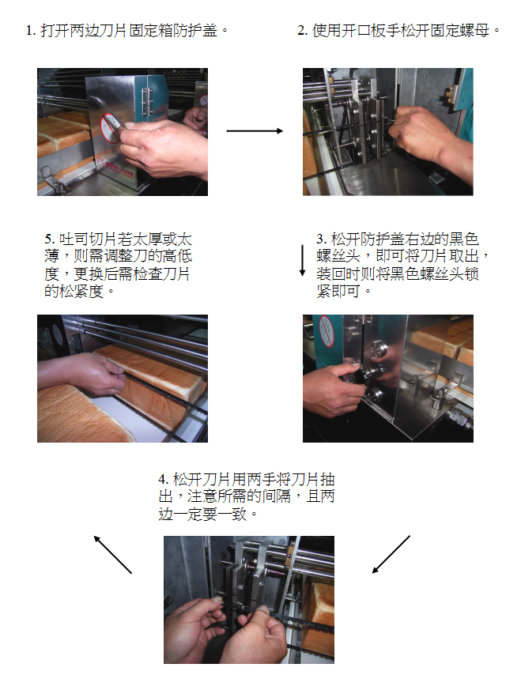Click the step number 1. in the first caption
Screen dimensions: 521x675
tap(31, 31)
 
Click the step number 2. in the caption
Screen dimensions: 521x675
tap(302, 31)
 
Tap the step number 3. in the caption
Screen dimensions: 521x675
tap(322, 239)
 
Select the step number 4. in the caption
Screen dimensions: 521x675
tap(164, 479)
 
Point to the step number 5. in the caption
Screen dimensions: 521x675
tap(50, 239)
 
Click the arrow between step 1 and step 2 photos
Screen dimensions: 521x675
tap(255, 131)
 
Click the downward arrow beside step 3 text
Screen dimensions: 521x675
tap(302, 261)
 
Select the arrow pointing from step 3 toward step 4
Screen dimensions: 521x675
tap(391, 555)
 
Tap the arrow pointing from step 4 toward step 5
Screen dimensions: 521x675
tap(113, 555)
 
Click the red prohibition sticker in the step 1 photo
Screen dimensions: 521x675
tap(109, 128)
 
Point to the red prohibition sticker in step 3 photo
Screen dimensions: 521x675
tap(327, 331)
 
